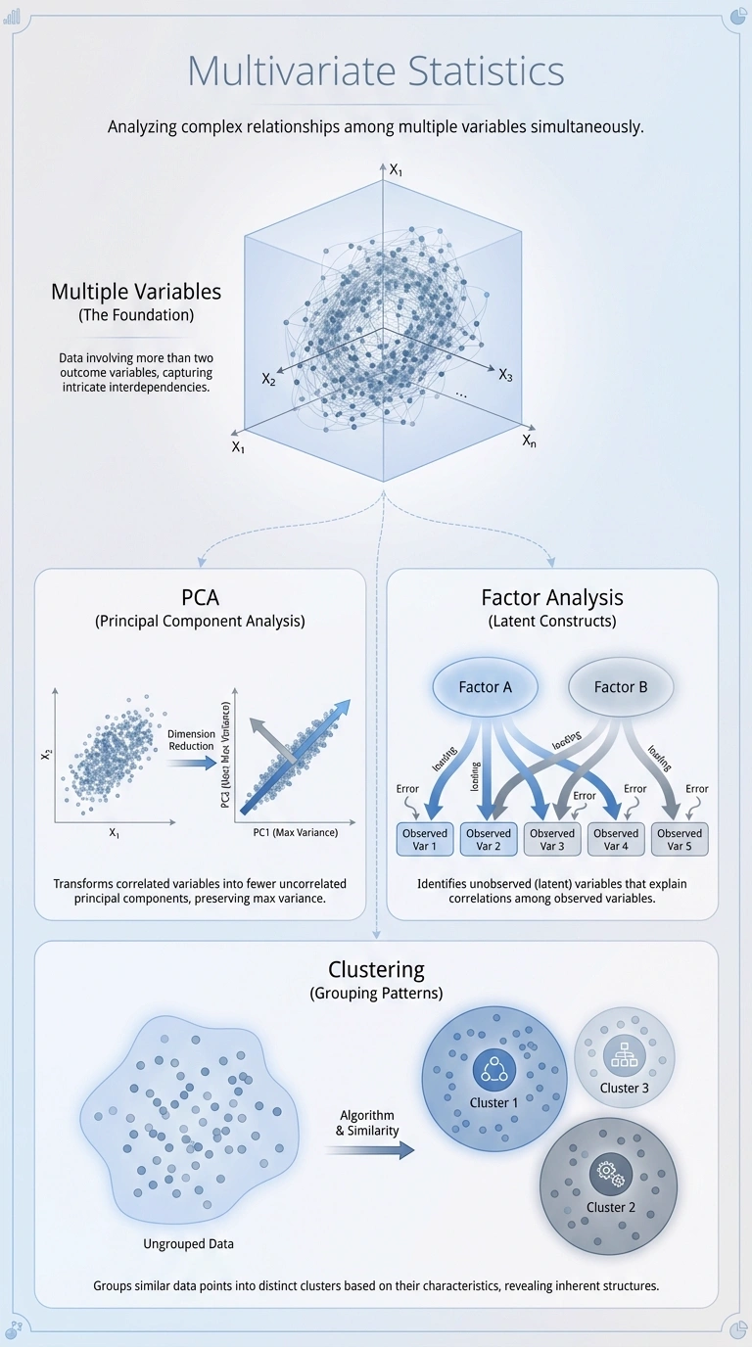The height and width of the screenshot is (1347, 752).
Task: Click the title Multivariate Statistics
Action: pyautogui.click(x=375, y=72)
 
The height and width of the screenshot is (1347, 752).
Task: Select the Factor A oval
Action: pyautogui.click(x=485, y=686)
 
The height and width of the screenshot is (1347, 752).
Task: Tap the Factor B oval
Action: pyautogui.click(x=621, y=686)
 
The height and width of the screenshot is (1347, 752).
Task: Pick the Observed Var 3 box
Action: pyautogui.click(x=552, y=839)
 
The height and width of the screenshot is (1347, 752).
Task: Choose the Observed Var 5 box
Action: pyautogui.click(x=680, y=839)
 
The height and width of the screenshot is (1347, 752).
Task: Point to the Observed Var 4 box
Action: pyautogui.click(x=616, y=839)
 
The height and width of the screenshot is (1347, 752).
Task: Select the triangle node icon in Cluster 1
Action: pyautogui.click(x=493, y=1069)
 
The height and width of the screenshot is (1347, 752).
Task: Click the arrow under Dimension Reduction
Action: pyautogui.click(x=191, y=759)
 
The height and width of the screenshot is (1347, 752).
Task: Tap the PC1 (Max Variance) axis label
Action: pyautogui.click(x=295, y=832)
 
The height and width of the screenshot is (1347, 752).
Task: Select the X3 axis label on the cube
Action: pyautogui.click(x=505, y=375)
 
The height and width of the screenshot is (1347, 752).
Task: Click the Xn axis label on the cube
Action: pyautogui.click(x=529, y=441)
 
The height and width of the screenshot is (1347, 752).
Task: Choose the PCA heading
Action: pyautogui.click(x=201, y=596)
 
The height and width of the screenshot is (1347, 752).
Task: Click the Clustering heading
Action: pyautogui.click(x=376, y=969)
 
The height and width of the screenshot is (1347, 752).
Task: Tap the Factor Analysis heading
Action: pyautogui.click(x=552, y=596)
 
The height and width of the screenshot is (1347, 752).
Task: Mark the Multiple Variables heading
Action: pyautogui.click(x=136, y=292)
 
